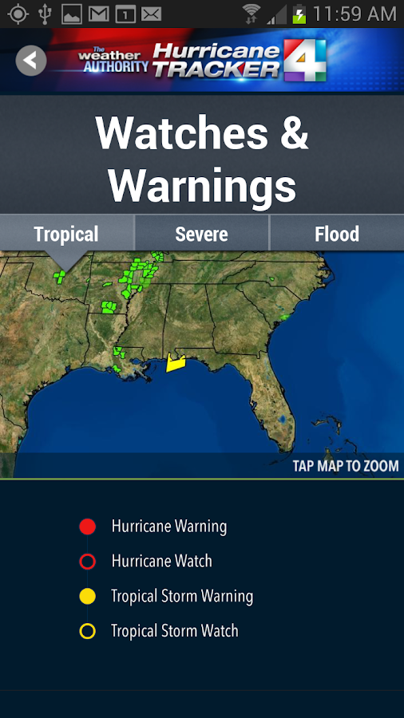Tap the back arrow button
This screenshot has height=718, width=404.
[x=31, y=60]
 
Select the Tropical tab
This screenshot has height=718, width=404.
[x=66, y=235]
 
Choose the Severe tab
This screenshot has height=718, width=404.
[x=201, y=235]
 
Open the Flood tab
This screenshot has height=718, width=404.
[x=336, y=235]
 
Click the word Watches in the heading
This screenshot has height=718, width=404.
[x=182, y=133]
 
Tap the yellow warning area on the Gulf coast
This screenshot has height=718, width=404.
[x=175, y=364]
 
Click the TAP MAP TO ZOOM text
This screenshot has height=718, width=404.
[x=345, y=466]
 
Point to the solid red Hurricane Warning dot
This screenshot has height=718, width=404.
[x=88, y=527]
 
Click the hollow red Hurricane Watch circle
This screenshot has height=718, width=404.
[x=88, y=562]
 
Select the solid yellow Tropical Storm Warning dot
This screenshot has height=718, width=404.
[x=88, y=596]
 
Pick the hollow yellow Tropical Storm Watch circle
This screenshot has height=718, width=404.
[x=88, y=631]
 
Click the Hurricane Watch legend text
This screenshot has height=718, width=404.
[x=161, y=562]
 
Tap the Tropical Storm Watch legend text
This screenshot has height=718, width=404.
[x=174, y=631]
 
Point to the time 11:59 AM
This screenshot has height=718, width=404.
[x=354, y=14]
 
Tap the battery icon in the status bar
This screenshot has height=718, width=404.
[x=299, y=14]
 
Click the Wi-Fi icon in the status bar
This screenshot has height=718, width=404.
[x=252, y=14]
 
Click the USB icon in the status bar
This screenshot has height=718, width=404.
[x=45, y=14]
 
